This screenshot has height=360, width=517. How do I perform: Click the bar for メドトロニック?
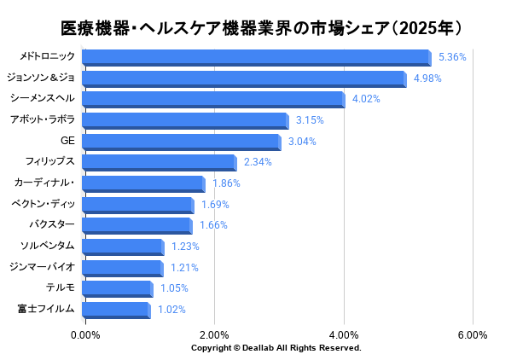(x=257, y=58)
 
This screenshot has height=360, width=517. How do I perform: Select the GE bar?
(x=182, y=142)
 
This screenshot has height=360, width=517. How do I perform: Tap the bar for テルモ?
(x=118, y=289)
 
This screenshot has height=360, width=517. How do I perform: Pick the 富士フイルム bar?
(x=116, y=311)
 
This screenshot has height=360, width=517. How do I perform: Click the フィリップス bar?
(x=160, y=163)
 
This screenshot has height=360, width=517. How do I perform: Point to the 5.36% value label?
(x=452, y=57)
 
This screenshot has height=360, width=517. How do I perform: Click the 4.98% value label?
(x=427, y=78)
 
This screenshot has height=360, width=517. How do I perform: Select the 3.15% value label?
(x=310, y=120)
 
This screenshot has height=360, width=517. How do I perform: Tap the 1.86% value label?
(x=226, y=183)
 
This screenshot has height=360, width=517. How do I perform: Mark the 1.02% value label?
(x=171, y=310)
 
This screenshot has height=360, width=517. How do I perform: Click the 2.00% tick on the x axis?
(x=214, y=335)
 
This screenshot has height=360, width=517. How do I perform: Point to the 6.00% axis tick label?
(x=473, y=335)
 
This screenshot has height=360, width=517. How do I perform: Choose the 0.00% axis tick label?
(x=85, y=335)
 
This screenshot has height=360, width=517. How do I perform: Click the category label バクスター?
(x=52, y=224)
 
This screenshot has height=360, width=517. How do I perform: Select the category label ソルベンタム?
(x=48, y=246)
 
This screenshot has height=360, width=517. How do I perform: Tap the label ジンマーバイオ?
(x=42, y=267)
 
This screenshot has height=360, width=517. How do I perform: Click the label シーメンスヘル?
(x=42, y=98)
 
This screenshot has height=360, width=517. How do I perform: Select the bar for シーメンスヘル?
(x=213, y=100)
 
